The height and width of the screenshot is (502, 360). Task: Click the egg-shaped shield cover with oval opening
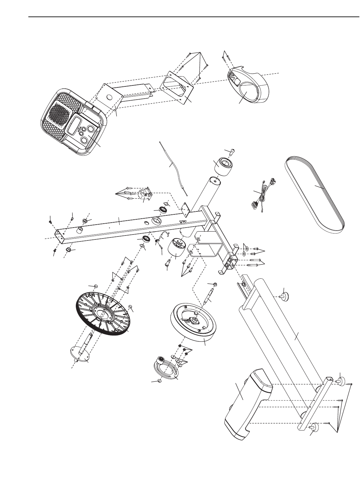(248, 86)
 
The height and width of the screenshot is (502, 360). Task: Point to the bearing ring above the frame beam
(163, 210)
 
